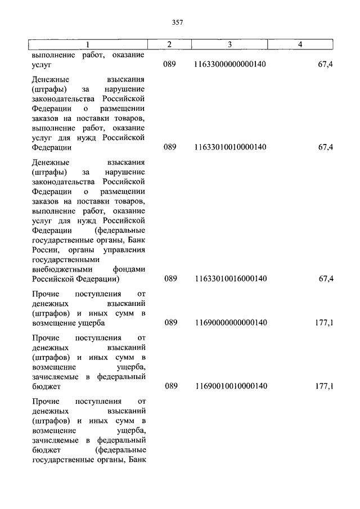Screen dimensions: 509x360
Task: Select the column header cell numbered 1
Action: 88,44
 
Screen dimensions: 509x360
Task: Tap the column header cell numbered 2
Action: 170,44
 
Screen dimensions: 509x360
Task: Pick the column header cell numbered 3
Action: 230,44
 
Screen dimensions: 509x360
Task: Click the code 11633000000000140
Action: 230,65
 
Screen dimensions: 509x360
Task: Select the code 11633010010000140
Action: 230,147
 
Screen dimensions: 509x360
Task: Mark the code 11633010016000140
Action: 230,279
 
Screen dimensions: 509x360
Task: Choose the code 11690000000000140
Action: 230,323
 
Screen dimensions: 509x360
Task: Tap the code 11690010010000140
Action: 230,387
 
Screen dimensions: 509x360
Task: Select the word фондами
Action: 130,269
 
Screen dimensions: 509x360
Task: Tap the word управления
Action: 126,250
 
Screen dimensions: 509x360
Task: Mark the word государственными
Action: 66,260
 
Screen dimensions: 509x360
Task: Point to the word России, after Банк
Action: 44,250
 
